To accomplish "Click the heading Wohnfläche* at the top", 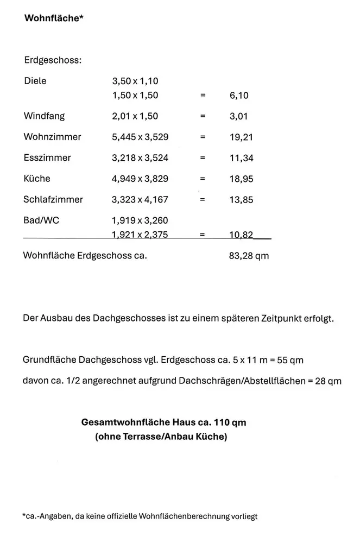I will (x=53, y=18).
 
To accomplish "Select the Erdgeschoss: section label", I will (x=53, y=60).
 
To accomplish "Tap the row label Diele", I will (x=35, y=81).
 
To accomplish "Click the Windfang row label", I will (x=44, y=116).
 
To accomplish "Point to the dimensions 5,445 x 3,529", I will (x=140, y=137).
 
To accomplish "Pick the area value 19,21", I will (x=242, y=137).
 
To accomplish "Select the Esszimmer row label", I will (x=47, y=158).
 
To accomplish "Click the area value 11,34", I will (x=242, y=159).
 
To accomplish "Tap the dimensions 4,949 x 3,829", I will (x=140, y=179).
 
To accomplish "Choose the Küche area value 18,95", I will (x=242, y=179).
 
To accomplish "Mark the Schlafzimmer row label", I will (x=53, y=199).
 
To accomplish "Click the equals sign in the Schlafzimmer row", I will (x=203, y=200).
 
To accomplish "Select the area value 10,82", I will (x=242, y=235).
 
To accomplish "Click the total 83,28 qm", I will (x=249, y=255).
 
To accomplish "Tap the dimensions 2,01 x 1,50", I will (x=135, y=116).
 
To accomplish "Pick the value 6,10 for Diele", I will (x=239, y=96).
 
